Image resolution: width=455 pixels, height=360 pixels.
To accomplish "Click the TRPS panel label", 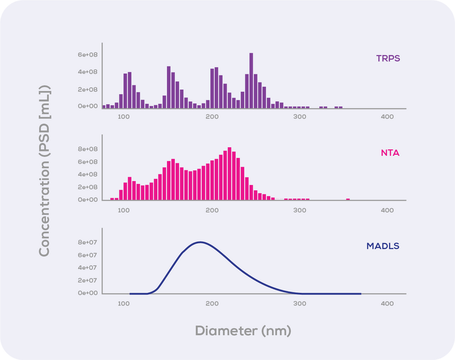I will tap(388, 58).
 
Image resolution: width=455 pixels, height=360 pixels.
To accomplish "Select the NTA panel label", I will tap(390, 152).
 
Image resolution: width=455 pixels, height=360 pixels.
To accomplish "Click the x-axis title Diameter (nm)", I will tap(243, 330).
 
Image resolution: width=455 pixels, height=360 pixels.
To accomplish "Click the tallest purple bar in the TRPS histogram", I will tap(251, 80).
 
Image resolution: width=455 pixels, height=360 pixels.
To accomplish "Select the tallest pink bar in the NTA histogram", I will tap(229, 173).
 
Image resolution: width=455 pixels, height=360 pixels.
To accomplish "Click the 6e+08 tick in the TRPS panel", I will tap(89, 55).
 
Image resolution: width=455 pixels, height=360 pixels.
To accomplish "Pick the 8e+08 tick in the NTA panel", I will tap(89, 149).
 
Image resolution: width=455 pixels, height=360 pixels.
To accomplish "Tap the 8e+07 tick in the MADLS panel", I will tap(89, 242).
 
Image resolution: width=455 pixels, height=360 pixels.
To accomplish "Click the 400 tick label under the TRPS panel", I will tap(387, 117).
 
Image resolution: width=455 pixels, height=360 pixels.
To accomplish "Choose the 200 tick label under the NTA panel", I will tap(212, 210).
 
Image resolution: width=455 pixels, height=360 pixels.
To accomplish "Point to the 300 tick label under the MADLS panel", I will tap(299, 304).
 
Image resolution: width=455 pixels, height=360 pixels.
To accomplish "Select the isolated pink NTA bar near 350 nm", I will tap(348, 199).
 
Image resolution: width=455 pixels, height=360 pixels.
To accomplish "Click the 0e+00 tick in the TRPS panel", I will tap(89, 106).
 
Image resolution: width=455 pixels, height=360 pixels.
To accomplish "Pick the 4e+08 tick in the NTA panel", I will tap(89, 175).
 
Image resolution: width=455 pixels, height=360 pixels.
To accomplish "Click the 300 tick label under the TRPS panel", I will tap(299, 117).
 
